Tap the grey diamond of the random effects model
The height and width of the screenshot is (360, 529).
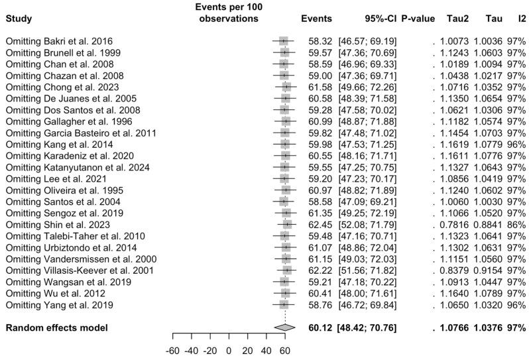pos(284,327)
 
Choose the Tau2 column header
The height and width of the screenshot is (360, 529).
pos(451,19)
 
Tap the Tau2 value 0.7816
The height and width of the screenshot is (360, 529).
pos(453,225)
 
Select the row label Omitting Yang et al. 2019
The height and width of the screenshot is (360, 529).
pos(59,305)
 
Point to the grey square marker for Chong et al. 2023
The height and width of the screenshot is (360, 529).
pos(286,87)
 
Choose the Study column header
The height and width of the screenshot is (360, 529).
pos(19,19)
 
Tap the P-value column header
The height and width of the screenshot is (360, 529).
pos(418,19)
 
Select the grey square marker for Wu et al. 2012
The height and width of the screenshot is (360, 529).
pos(285,294)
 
